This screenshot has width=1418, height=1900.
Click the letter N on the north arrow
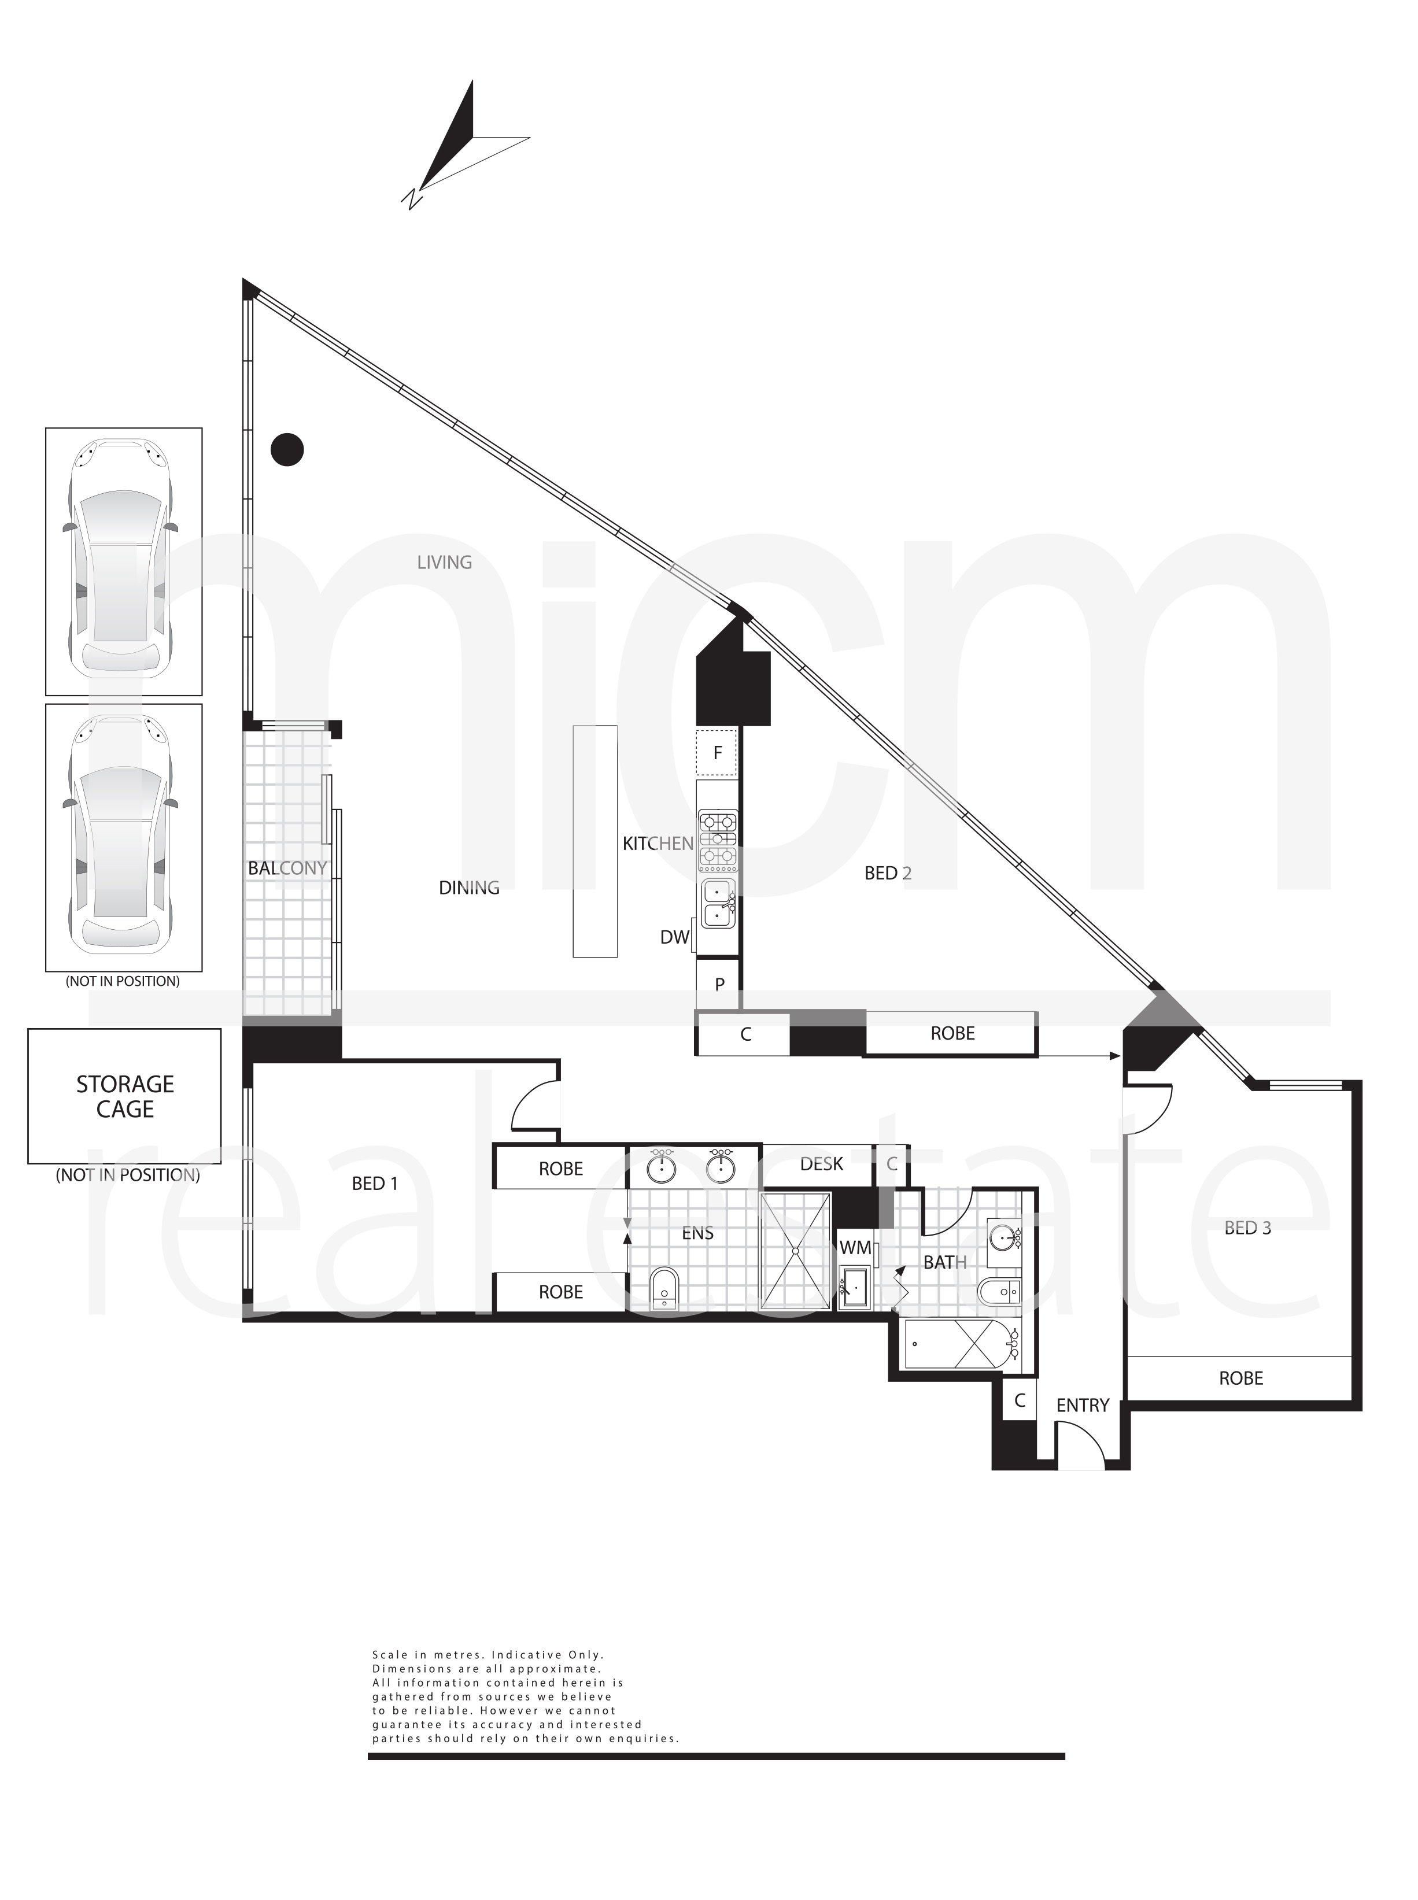point(413,198)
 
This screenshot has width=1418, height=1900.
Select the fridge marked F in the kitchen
point(717,753)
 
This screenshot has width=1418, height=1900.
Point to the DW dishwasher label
point(675,937)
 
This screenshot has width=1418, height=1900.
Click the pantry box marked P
point(719,984)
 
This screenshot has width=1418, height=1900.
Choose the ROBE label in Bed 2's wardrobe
point(953,1033)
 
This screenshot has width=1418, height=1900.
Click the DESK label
point(821,1164)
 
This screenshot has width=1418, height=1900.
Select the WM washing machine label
point(855,1247)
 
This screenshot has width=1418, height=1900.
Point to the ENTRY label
point(1083,1405)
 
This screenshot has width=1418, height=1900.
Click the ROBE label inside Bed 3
point(1241,1378)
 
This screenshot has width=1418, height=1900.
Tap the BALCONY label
point(287,868)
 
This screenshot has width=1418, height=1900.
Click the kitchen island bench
point(595,841)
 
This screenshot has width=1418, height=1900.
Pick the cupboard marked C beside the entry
point(1020,1400)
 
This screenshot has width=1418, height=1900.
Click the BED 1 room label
point(375,1184)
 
